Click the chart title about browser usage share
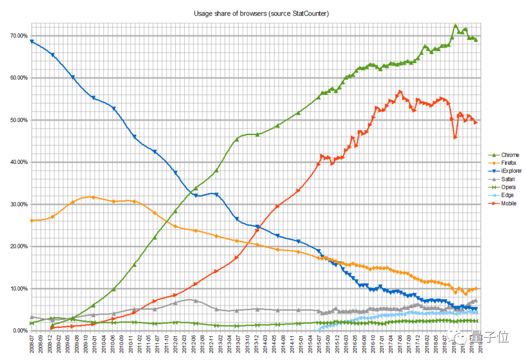(x=262, y=14)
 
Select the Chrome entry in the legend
(x=510, y=155)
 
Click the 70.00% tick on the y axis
(x=19, y=36)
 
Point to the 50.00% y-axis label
(x=19, y=120)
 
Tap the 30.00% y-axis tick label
(x=19, y=204)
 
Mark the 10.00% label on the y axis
(x=19, y=289)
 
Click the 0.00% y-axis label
(x=20, y=331)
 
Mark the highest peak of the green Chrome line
(x=455, y=25)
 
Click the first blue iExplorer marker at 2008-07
(x=32, y=41)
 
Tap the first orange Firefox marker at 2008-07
(x=32, y=220)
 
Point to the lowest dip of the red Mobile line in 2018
(x=455, y=138)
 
